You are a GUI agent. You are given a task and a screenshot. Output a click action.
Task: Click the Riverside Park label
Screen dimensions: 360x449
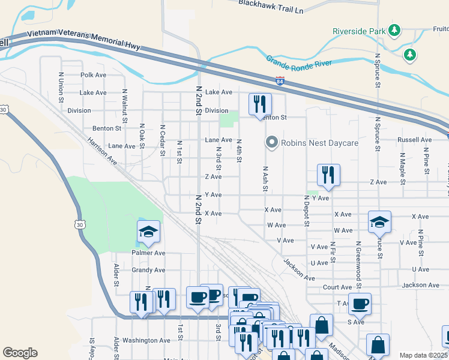(x=358, y=31)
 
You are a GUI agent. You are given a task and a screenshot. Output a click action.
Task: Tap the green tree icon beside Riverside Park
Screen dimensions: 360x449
(x=394, y=29)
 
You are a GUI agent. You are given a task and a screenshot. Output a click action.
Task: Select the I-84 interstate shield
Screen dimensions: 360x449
(x=280, y=80)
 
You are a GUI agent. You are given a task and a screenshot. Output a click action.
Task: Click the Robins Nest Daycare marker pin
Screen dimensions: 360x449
(x=271, y=142)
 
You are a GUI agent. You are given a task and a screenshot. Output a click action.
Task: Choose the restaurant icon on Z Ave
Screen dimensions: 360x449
(x=328, y=174)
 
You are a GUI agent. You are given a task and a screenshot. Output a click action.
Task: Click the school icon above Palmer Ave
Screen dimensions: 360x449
(x=148, y=232)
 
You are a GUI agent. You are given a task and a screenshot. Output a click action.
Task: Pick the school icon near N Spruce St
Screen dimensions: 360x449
(x=379, y=221)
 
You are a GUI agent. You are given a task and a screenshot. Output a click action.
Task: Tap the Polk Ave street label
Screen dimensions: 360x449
(x=93, y=75)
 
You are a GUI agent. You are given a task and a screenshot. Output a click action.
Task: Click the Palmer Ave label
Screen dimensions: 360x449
(x=148, y=253)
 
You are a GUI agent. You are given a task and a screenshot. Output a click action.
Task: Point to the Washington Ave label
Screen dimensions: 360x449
(x=146, y=340)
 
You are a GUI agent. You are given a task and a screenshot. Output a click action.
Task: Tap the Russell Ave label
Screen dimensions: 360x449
(x=414, y=140)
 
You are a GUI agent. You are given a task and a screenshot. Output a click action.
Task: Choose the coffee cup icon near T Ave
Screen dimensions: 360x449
(x=360, y=304)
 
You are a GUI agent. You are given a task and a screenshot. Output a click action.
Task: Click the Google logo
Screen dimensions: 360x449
(x=20, y=353)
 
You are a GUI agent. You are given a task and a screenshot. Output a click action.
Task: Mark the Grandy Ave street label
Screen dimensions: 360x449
(x=148, y=270)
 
